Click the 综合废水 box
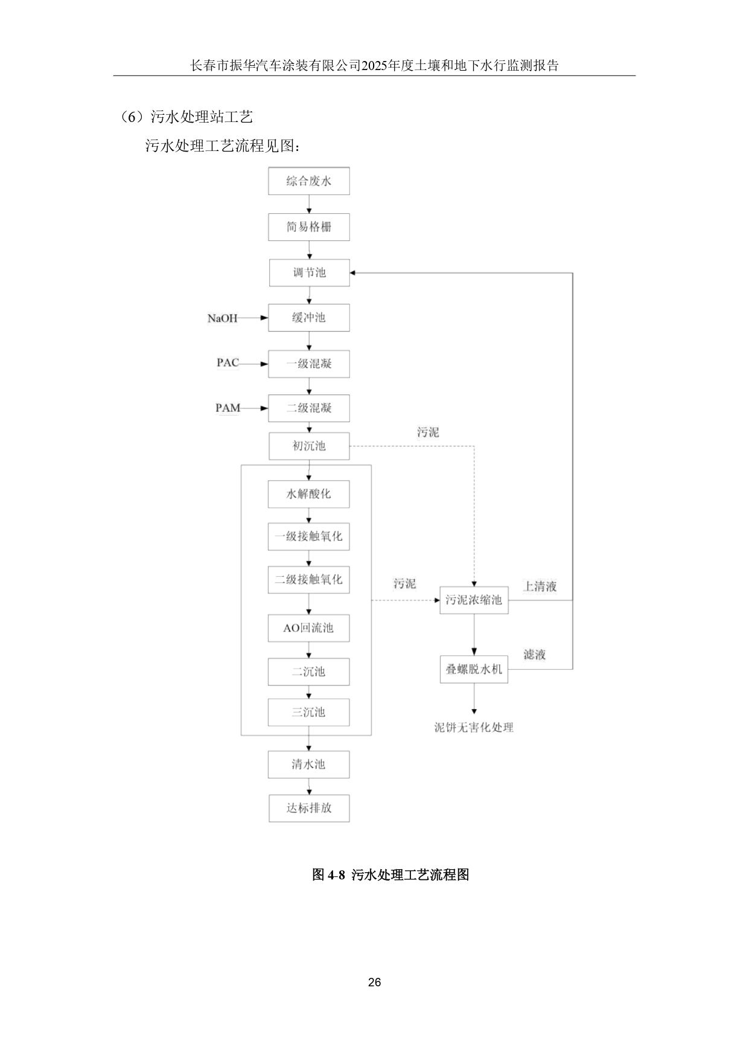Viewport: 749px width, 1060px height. pos(308,181)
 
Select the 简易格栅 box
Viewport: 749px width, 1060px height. pos(308,227)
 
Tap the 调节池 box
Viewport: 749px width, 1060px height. pos(309,272)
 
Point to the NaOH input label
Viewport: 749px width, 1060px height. pos(223,318)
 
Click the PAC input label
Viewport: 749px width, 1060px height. pos(228,363)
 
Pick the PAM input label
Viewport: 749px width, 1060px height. pos(228,408)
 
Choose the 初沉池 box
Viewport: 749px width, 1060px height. pos(309,446)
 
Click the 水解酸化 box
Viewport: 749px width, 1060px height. pos(308,494)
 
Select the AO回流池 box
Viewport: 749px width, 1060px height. pos(308,628)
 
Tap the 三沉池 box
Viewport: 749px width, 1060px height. pos(308,712)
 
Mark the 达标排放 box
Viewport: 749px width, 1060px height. pos(309,808)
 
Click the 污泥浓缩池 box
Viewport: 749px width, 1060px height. pos(474,600)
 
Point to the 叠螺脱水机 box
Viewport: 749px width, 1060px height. pos(474,669)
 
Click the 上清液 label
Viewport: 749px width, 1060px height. pos(540,586)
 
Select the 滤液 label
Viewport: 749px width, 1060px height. pos(535,655)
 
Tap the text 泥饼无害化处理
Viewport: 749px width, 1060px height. pos(474,727)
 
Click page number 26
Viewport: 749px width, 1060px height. pos(374,983)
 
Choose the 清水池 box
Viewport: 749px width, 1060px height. pos(308,765)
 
